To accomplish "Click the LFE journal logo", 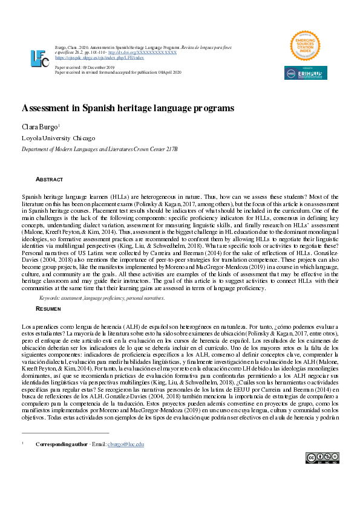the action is pyautogui.click(x=40, y=58).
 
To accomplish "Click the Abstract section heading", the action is pyautogui.click(x=50, y=180).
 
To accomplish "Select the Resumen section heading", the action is pyautogui.click(x=49, y=308).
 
